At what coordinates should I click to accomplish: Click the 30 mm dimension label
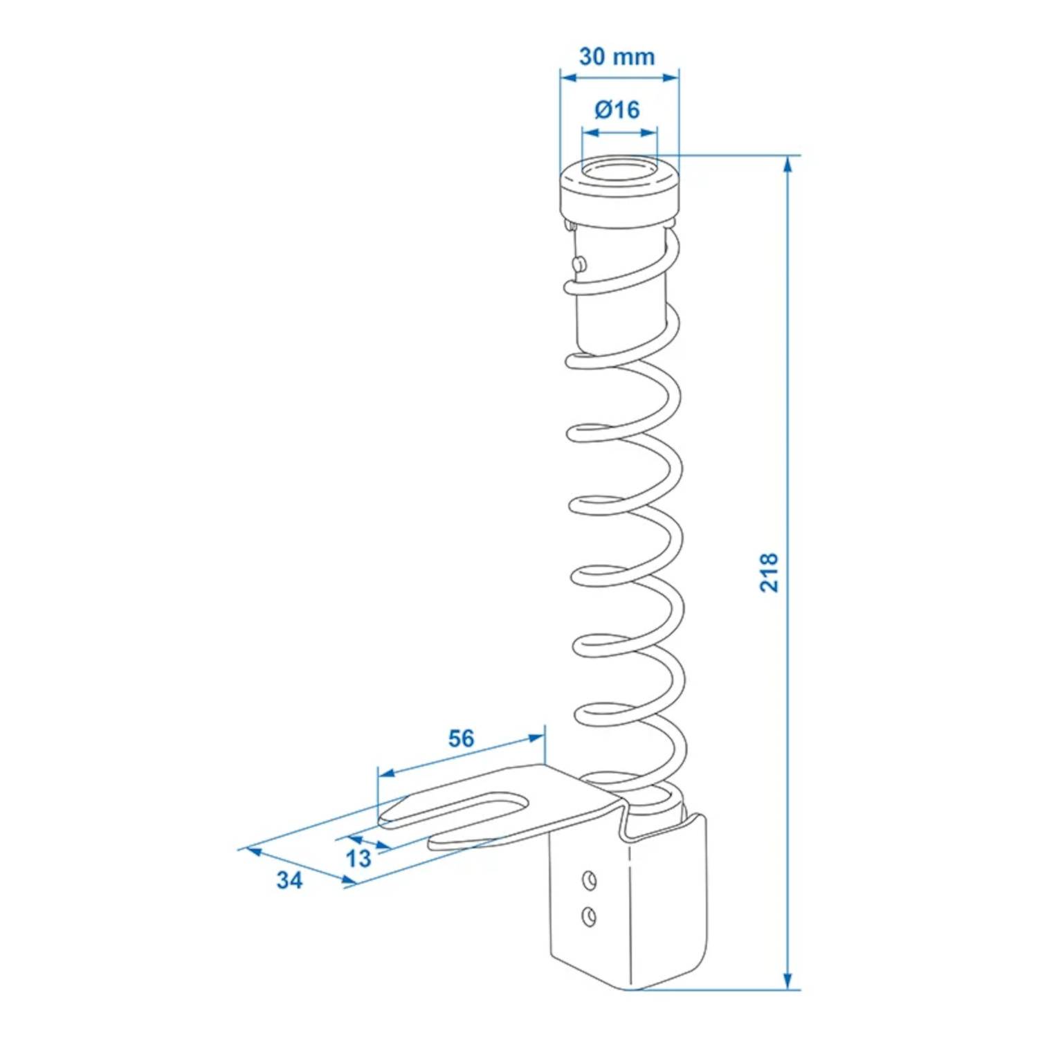tap(617, 56)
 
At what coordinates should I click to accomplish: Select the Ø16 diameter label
tap(617, 109)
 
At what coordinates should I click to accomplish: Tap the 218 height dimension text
tap(769, 572)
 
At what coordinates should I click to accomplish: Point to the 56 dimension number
tap(461, 738)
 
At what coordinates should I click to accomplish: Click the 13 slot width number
tap(358, 858)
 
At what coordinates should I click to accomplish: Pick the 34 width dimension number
tap(289, 880)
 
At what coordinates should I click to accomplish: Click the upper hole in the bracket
tap(589, 880)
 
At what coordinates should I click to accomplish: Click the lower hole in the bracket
tap(589, 916)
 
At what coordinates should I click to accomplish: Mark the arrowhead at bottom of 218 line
tap(787, 981)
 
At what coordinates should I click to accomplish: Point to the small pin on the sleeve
tap(579, 263)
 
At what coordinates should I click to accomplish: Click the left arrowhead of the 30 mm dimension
tap(567, 78)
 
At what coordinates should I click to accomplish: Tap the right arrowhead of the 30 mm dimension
tap(671, 78)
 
